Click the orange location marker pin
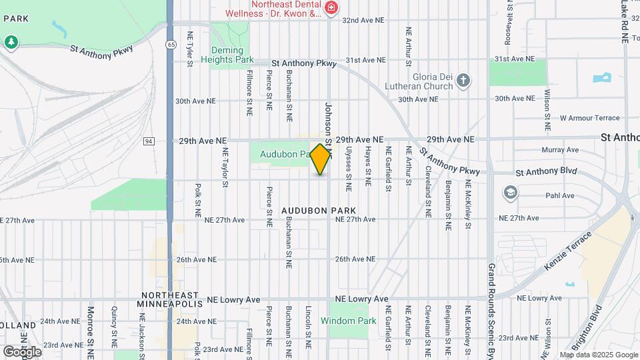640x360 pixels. point(321,159)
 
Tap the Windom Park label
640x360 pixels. point(349,321)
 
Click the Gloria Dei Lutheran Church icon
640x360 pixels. point(464,81)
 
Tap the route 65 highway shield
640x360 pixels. point(172,44)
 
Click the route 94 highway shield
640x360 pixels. point(149,141)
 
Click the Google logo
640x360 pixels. point(22,351)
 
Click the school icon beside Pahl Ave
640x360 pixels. point(511,193)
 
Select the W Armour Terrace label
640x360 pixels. point(589,118)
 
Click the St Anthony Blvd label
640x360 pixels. point(546,172)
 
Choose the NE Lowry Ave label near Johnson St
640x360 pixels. point(362,299)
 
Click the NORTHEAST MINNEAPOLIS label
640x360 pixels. point(169,299)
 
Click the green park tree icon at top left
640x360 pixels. point(11,42)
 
